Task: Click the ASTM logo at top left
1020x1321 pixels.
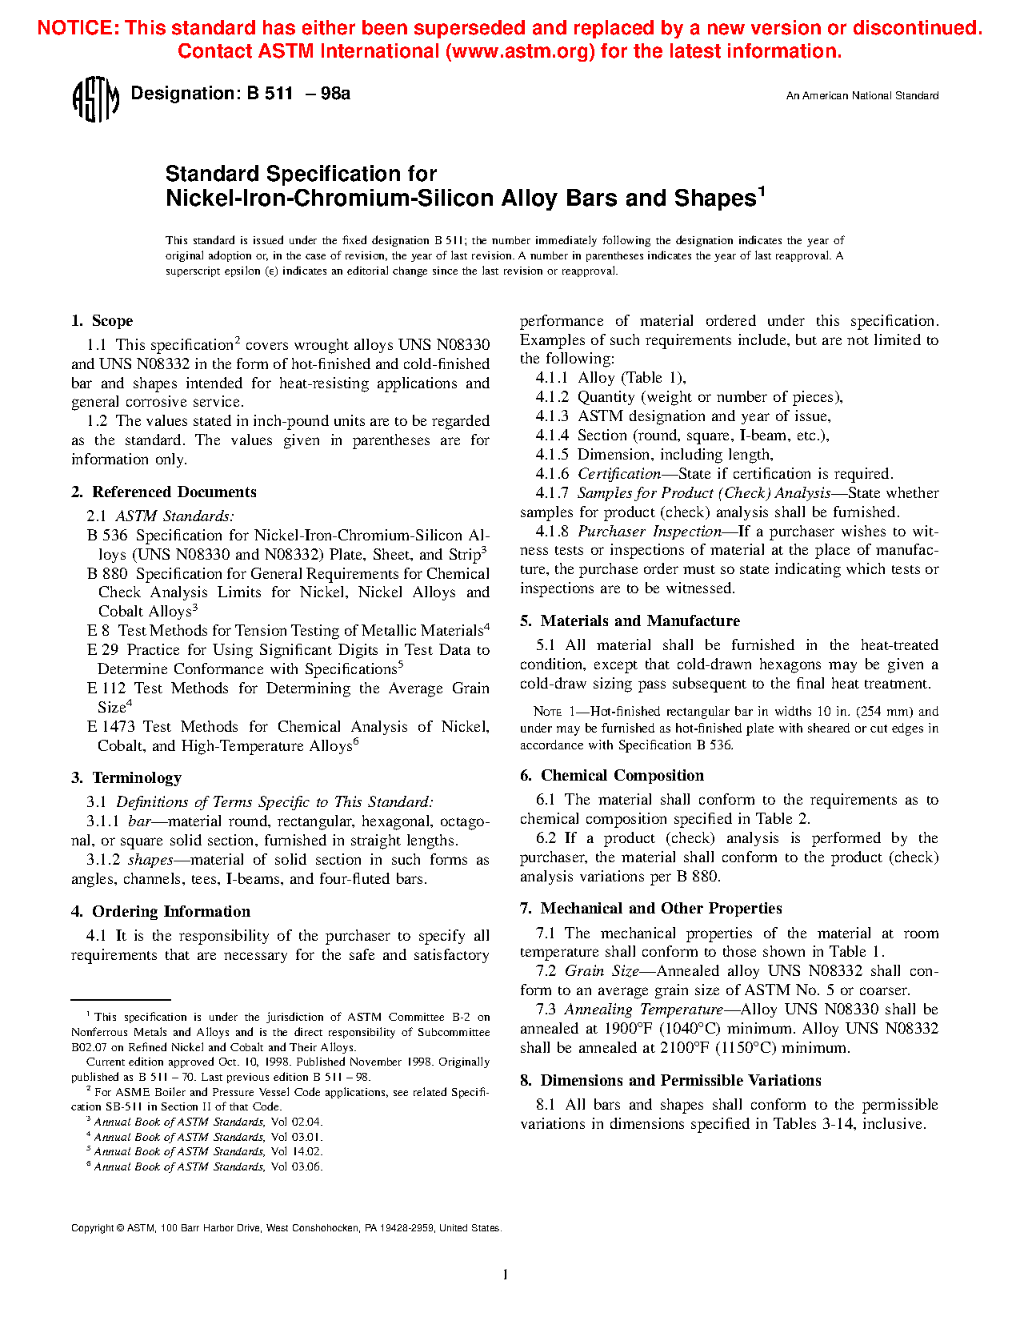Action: click(96, 99)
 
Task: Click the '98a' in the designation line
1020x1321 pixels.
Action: click(335, 94)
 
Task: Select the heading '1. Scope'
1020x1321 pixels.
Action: click(102, 321)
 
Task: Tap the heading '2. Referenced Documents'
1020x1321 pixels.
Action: click(164, 492)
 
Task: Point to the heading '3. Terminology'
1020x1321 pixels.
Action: click(126, 778)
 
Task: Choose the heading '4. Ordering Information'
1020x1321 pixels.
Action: click(161, 912)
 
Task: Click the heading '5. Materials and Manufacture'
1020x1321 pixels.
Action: click(630, 621)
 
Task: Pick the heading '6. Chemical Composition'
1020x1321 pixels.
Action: click(612, 776)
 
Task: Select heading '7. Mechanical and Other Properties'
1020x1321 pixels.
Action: click(651, 909)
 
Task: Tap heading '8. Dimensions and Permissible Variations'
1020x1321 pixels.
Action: click(670, 1081)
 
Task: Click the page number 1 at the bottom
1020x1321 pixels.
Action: click(505, 1275)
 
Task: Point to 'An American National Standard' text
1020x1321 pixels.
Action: click(862, 96)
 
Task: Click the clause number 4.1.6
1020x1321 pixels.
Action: click(552, 474)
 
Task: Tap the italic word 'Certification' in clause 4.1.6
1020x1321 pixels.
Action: click(619, 474)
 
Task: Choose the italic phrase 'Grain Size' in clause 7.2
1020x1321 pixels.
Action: click(601, 971)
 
